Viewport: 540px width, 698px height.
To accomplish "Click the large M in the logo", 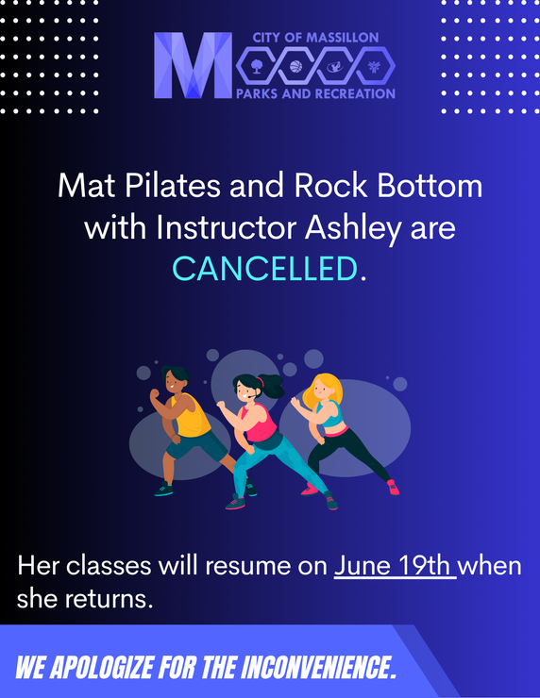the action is pyautogui.click(x=193, y=65).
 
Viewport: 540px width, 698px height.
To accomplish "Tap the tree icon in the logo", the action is pyautogui.click(x=256, y=67).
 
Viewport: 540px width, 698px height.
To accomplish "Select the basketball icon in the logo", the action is pyautogui.click(x=295, y=67).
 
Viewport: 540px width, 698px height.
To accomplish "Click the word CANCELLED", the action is pyautogui.click(x=264, y=269).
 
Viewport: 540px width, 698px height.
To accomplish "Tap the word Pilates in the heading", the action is pyautogui.click(x=173, y=185).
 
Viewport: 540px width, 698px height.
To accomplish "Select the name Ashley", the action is pyautogui.click(x=353, y=229).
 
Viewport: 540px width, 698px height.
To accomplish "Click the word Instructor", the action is pyautogui.click(x=227, y=228).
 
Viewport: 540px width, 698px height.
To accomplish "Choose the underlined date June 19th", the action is pyautogui.click(x=395, y=566).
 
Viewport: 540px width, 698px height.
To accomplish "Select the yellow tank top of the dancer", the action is pyautogui.click(x=191, y=416).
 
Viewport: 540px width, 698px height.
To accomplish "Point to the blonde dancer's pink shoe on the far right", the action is pyautogui.click(x=394, y=487).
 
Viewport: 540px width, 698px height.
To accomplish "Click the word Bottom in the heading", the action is pyautogui.click(x=430, y=185).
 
